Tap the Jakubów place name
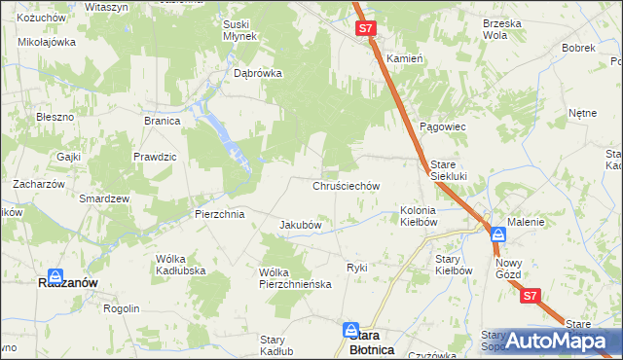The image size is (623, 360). pos(301,225)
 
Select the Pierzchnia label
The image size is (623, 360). pos(219,214)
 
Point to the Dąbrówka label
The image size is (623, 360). pos(258,72)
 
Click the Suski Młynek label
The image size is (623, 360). pos(238,30)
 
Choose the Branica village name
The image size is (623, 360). pos(163,121)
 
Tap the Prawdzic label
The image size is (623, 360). pos(155,157)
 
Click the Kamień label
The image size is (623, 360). pos(404,58)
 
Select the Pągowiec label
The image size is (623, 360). pos(443,126)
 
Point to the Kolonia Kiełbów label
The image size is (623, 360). pos(419,216)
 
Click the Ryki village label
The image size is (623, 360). pos(357,267)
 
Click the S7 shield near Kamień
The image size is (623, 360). pos(365,29)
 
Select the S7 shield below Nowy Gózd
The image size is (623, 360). pos(530,296)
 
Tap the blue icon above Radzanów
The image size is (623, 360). pos(55,276)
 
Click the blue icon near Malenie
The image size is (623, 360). pos(497,234)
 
